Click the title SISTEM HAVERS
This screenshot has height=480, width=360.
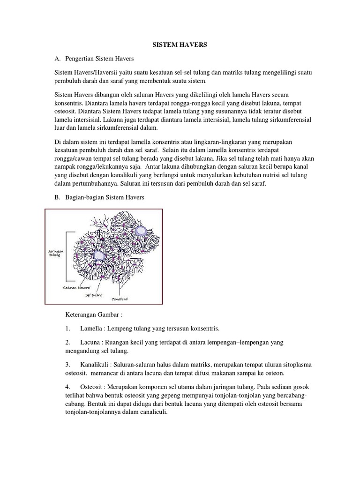pos(180,45)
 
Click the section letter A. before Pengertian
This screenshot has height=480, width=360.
pos(58,59)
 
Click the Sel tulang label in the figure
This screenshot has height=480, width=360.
pos(94,295)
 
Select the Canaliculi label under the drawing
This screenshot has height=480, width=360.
pos(120,299)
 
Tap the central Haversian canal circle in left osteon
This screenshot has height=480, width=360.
pos(98,255)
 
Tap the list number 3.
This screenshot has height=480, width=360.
pos(67,364)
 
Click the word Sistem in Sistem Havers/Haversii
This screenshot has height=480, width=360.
pos(64,74)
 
